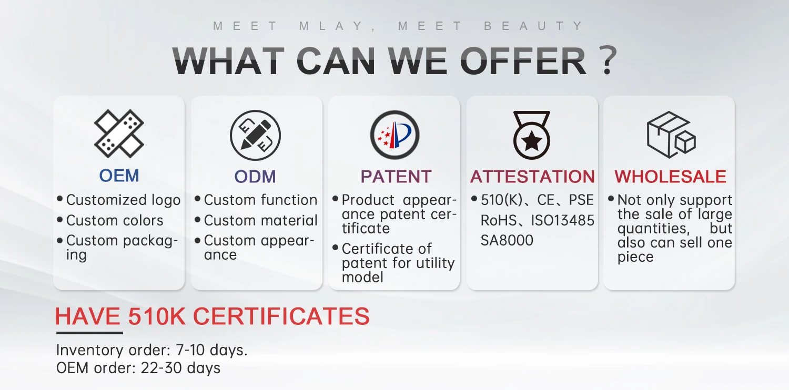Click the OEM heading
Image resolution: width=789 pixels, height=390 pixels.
tap(119, 175)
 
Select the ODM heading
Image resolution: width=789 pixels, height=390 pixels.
tap(255, 177)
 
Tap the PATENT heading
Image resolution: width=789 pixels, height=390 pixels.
tap(396, 177)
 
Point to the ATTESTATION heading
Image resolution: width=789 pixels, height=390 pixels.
tap(532, 177)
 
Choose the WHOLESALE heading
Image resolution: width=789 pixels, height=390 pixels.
tap(670, 177)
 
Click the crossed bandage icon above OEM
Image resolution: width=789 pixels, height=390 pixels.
tap(119, 134)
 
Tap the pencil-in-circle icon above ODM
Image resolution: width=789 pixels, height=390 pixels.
tap(255, 135)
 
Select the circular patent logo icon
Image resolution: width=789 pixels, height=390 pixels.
tap(394, 135)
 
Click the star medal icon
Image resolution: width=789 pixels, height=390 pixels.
tap(531, 135)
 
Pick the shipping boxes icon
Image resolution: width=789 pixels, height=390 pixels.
tap(671, 135)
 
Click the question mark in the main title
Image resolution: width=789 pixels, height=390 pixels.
tap(608, 60)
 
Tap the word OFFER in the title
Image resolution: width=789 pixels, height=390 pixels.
tap(523, 61)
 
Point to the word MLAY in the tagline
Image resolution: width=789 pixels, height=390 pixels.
tap(331, 26)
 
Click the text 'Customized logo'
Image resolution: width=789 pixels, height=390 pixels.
tap(123, 200)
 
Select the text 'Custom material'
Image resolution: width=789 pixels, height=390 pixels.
tap(261, 220)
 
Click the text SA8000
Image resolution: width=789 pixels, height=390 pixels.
tap(507, 240)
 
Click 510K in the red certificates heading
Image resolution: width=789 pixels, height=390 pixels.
tap(156, 316)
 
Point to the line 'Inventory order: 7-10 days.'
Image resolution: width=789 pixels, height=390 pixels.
tap(152, 350)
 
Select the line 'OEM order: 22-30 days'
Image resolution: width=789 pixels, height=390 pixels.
tap(138, 368)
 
